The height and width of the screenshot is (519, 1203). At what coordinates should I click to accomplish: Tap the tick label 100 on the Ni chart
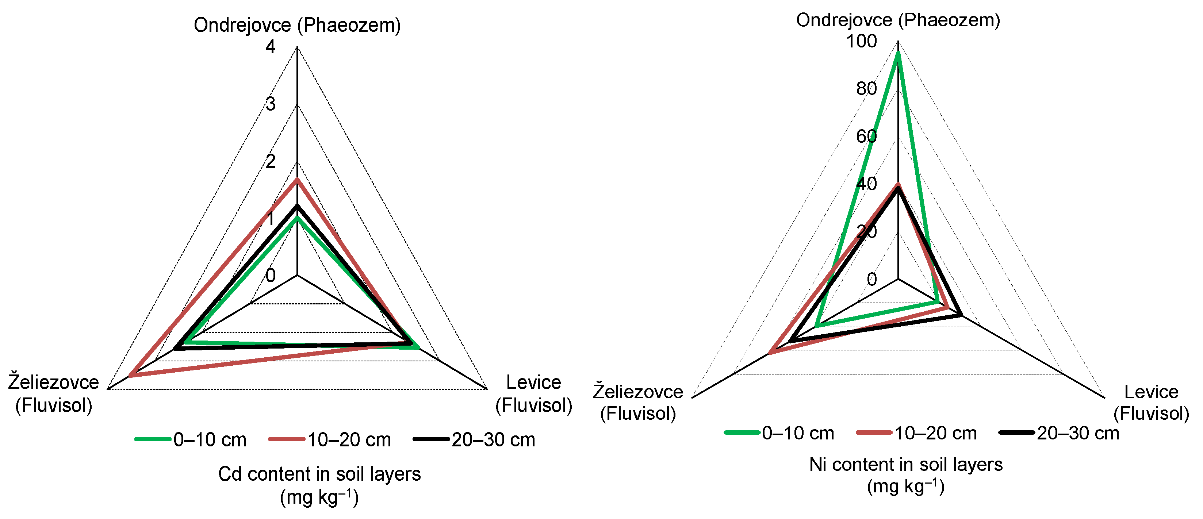click(861, 42)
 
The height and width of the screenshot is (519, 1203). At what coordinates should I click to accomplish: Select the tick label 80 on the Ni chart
click(866, 89)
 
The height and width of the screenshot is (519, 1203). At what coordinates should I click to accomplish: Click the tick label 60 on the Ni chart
click(866, 136)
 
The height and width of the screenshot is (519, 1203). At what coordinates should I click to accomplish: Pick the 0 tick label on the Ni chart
click(871, 280)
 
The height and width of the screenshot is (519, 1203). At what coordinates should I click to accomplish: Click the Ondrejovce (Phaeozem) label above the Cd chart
click(297, 25)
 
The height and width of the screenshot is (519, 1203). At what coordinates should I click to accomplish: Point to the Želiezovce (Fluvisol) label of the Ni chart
click(638, 402)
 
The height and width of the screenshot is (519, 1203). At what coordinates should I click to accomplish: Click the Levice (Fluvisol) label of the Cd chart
click(533, 393)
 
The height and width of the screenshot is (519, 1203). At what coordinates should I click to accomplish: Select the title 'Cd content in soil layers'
click(319, 474)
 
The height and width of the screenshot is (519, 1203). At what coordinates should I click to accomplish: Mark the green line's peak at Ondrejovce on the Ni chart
click(897, 53)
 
